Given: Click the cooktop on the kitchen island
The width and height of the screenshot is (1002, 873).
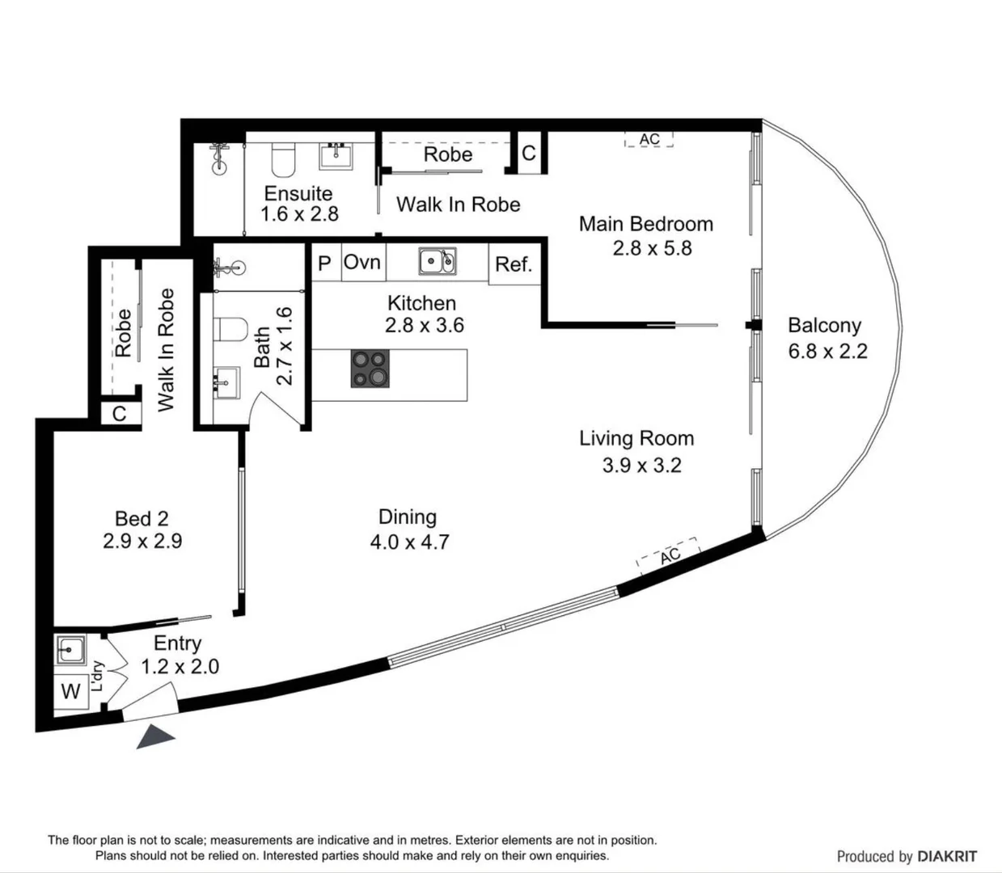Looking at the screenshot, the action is click(370, 369).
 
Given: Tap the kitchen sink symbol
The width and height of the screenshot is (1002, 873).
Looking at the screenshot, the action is click(438, 261).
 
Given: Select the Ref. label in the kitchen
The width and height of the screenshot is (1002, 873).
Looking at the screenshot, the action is click(514, 264).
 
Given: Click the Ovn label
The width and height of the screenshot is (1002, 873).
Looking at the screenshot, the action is click(362, 262).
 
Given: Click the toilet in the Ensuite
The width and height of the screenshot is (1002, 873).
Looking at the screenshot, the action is click(283, 160).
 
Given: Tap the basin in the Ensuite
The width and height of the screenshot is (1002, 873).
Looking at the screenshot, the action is click(336, 156).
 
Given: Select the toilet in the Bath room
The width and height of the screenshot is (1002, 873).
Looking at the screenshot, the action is click(231, 329).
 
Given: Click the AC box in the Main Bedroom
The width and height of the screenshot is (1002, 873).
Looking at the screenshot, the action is click(649, 140).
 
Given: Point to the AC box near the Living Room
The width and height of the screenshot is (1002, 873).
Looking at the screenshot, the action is click(669, 555).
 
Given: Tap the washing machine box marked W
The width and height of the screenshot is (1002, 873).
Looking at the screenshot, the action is click(70, 691).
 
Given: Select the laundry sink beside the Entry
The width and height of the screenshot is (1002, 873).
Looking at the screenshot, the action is click(70, 649).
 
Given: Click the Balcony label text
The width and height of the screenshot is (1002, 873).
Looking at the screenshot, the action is click(825, 326).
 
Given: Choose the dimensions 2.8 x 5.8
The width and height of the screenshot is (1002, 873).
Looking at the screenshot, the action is click(652, 248).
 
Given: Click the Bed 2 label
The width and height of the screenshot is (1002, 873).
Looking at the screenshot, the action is click(142, 518).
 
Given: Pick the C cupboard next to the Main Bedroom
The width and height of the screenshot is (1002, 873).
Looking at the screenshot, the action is click(530, 153).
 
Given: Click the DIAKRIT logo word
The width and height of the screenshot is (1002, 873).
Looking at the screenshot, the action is click(947, 856).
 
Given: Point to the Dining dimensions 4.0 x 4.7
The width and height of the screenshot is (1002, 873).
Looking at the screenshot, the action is click(409, 542).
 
